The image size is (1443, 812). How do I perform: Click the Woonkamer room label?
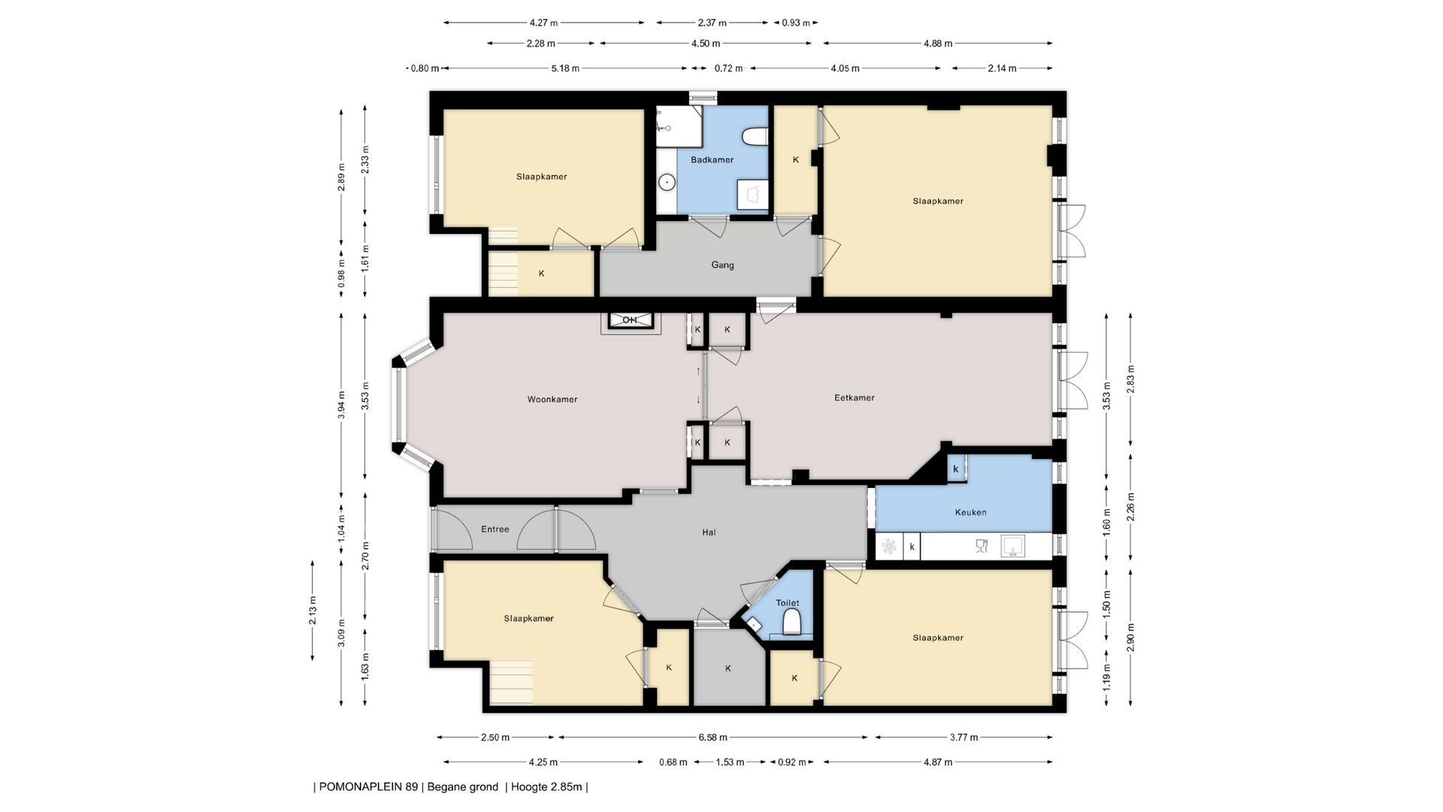[x=552, y=399]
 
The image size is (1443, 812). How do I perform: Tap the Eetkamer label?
[x=855, y=398]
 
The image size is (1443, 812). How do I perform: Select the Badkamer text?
[x=712, y=159]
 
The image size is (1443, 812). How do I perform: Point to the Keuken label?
[x=970, y=512]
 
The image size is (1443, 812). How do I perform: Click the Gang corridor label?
[x=723, y=265]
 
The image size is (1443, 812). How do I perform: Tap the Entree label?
[x=495, y=529]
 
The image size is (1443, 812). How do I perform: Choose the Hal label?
[x=709, y=532]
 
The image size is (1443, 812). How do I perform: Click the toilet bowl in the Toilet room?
[x=791, y=623]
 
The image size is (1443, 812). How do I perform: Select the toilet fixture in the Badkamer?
[x=755, y=136]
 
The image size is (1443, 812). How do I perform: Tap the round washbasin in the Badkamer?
[x=667, y=183]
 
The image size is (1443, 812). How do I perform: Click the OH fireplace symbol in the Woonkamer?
[x=630, y=320]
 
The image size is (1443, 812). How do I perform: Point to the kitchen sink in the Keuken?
[x=1013, y=547]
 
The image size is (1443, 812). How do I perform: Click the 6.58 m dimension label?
[x=712, y=738]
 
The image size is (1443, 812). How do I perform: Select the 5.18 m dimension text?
[x=565, y=68]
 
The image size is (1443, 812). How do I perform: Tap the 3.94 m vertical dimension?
[x=341, y=405]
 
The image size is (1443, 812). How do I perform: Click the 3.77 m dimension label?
[x=964, y=738]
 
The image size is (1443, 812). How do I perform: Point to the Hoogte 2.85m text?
[x=546, y=787]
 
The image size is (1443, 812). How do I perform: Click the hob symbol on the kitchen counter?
[x=889, y=547]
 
